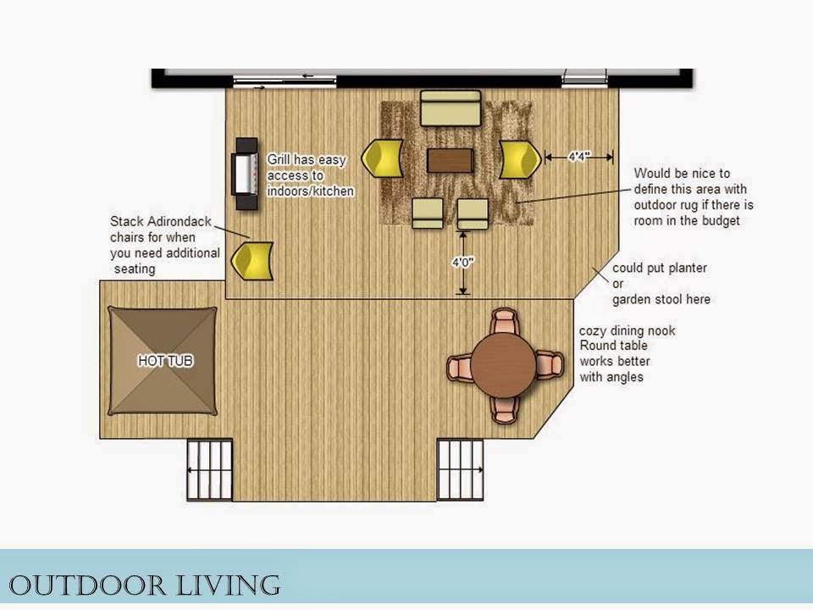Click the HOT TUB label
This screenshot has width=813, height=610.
click(165, 361)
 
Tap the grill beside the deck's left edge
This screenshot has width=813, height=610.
click(246, 173)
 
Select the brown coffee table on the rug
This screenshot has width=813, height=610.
click(450, 160)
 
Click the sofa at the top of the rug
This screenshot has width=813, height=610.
click(450, 108)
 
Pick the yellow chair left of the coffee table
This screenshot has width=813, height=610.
click(383, 158)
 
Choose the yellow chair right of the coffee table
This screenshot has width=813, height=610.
click(520, 158)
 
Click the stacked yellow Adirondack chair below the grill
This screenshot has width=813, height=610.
click(252, 261)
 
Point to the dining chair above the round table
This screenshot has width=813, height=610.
click(503, 321)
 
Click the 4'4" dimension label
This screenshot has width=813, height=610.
click(579, 156)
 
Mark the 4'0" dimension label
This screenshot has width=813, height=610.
click(463, 263)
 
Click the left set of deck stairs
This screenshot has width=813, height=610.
click(209, 469)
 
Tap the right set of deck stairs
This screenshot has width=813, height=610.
click(461, 469)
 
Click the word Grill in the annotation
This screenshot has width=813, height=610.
click(278, 159)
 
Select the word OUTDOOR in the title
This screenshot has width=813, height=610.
click(87, 585)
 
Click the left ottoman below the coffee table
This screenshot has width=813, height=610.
click(428, 213)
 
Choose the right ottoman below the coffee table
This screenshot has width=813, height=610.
click(473, 213)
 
